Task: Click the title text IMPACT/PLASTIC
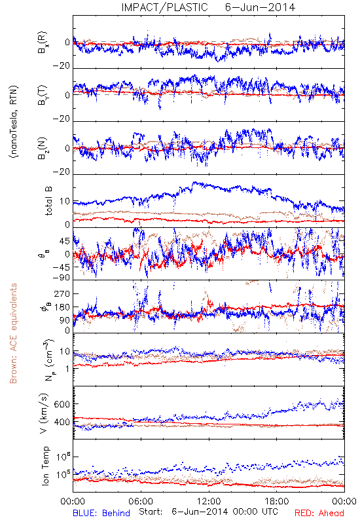[x=164, y=7]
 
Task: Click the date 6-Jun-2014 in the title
[x=260, y=7]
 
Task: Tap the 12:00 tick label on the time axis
[x=209, y=501]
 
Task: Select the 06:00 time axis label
[x=141, y=501]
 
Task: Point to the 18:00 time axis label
[x=277, y=501]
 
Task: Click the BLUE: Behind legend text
[x=101, y=513]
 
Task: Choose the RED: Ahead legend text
[x=319, y=513]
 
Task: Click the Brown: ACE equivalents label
[x=13, y=333]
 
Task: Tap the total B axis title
[x=48, y=201]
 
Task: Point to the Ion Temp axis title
[x=45, y=466]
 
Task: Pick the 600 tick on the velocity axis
[x=62, y=404]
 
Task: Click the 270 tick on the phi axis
[x=62, y=293]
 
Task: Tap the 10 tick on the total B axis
[x=65, y=201]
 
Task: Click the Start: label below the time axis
[x=151, y=512]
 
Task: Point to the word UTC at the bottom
[x=268, y=512]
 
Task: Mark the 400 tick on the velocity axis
[x=62, y=422]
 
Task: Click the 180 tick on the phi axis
[x=62, y=307]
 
